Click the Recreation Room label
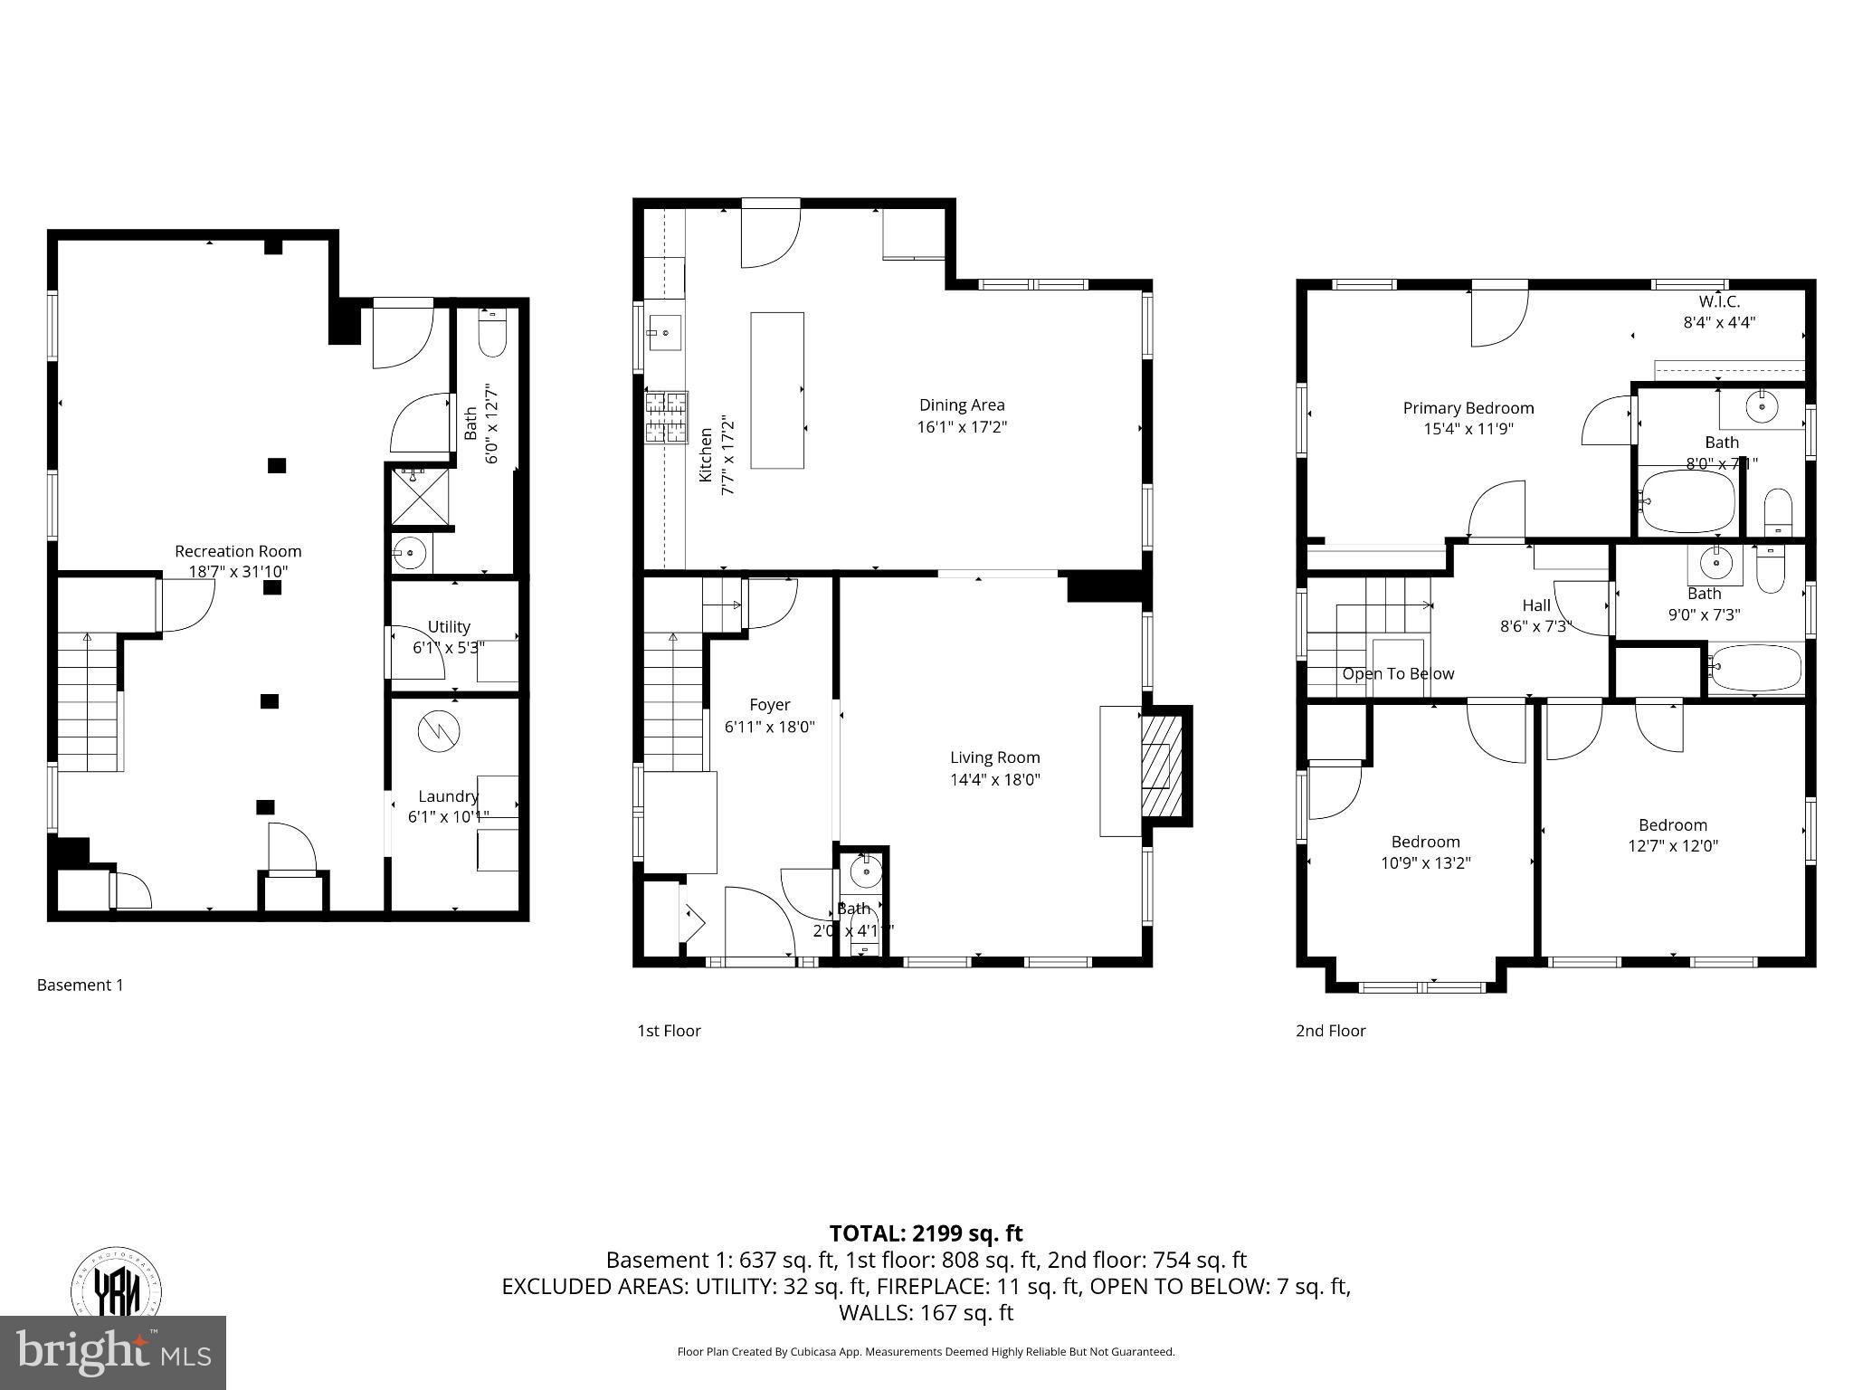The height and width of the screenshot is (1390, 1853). point(238,551)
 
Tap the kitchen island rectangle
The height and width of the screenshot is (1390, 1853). point(776,390)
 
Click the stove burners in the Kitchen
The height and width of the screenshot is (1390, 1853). point(666,417)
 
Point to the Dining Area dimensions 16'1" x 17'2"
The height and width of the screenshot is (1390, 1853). point(962,427)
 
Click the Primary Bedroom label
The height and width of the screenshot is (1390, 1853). point(1468,408)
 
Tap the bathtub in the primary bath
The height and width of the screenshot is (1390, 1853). point(1687,500)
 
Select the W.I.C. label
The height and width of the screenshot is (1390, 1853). point(1718,302)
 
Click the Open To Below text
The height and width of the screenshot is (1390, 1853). point(1398,674)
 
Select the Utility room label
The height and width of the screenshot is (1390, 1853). point(449,626)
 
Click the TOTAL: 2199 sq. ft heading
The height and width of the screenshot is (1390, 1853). point(926,1233)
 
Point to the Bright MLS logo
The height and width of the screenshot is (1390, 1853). point(112,1352)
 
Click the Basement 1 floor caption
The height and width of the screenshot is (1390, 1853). point(80,985)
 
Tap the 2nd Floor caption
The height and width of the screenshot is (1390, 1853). point(1330,1030)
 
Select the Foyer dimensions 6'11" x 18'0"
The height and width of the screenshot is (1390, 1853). point(769,726)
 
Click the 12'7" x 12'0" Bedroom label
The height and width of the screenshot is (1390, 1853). point(1672,846)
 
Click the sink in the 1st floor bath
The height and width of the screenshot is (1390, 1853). point(866,871)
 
